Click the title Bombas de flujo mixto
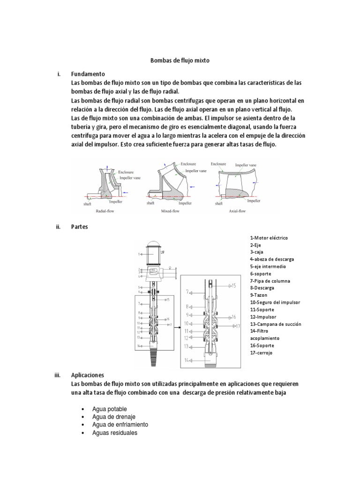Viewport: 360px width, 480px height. (x=180, y=60)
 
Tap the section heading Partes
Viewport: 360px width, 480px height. (x=79, y=226)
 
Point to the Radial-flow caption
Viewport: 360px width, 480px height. (x=105, y=211)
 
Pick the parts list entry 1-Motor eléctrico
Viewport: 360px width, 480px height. (x=269, y=238)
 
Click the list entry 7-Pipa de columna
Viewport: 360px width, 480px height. (x=270, y=281)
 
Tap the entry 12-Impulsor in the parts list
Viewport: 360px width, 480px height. (x=263, y=317)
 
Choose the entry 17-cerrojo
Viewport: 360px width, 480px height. (x=261, y=352)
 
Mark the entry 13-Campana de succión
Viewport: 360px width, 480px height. (x=275, y=324)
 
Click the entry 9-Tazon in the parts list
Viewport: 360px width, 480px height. (x=260, y=295)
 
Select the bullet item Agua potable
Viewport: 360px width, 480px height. (x=110, y=409)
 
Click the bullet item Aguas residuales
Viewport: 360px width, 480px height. (x=115, y=433)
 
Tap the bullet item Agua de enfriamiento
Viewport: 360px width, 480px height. (x=120, y=425)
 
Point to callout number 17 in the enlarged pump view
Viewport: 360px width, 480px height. (x=238, y=326)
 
